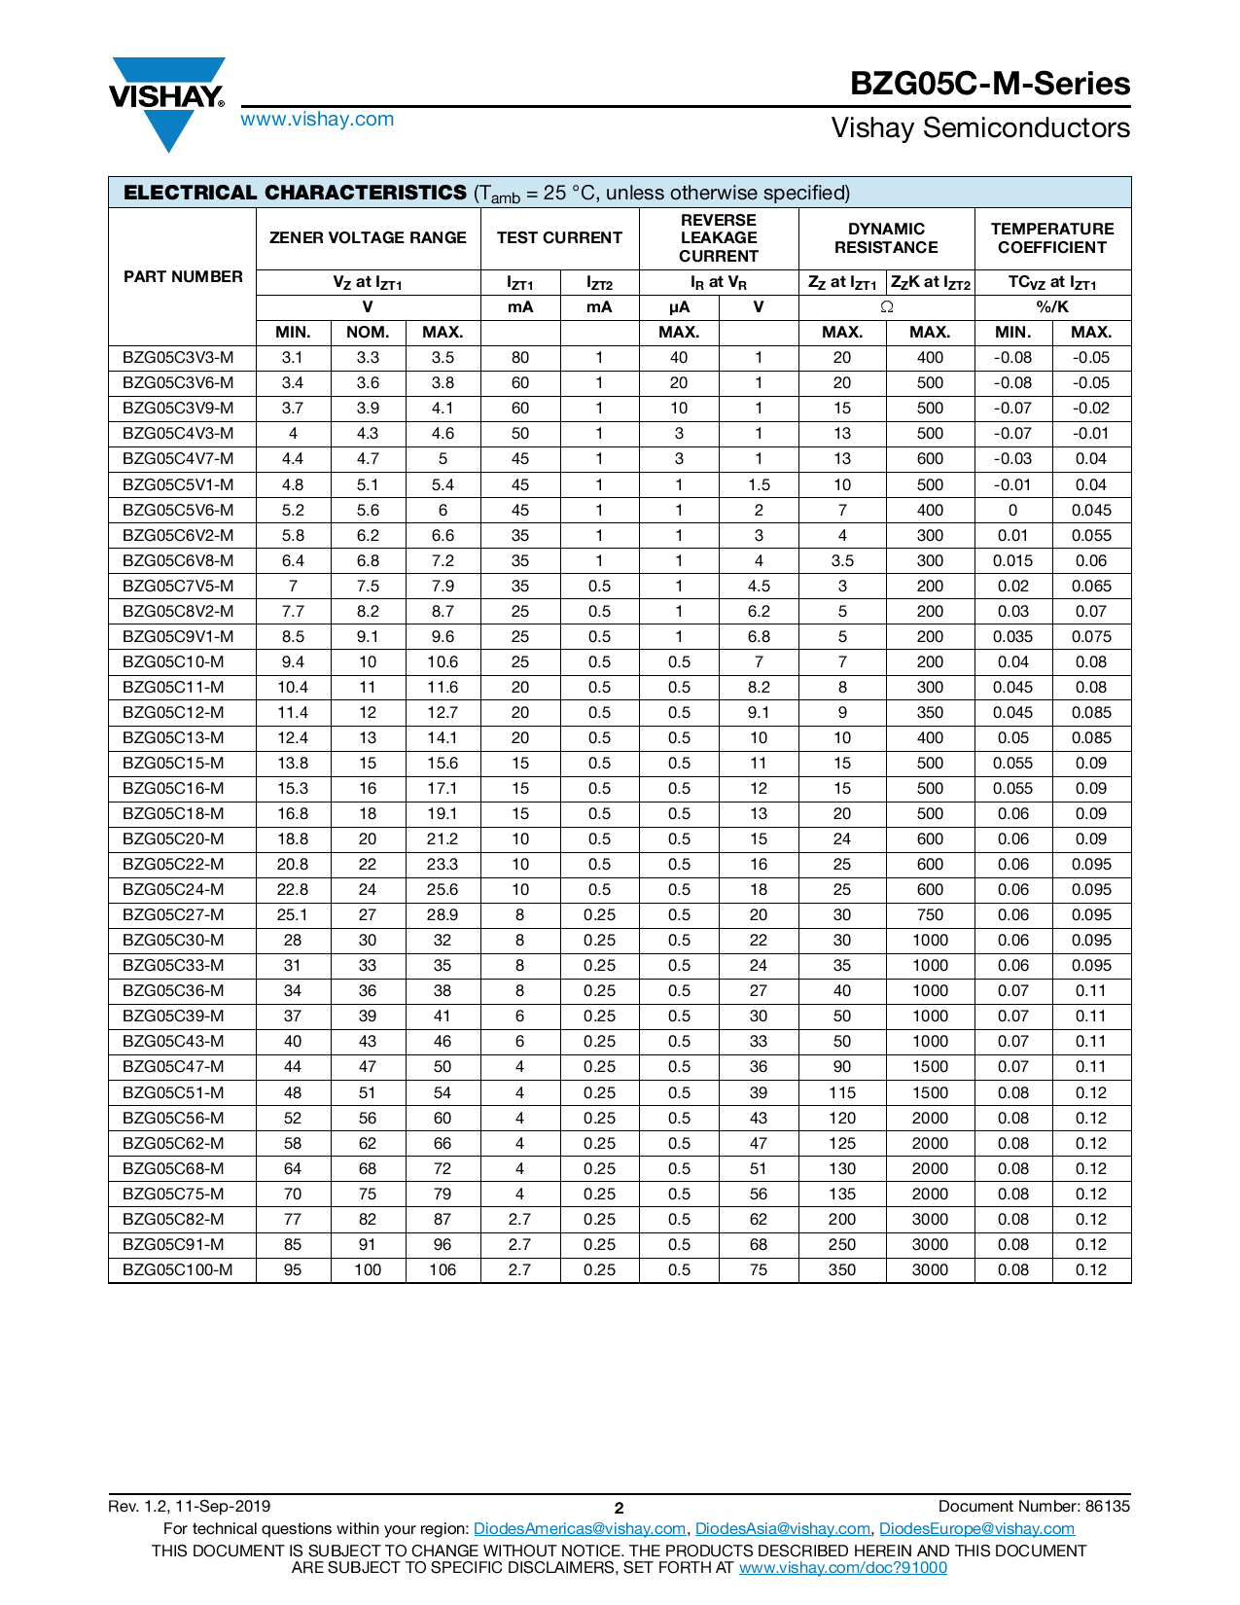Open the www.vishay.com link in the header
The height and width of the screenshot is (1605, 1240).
(x=317, y=120)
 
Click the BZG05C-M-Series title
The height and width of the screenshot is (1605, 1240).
(x=989, y=84)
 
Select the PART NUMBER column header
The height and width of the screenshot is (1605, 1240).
(x=183, y=277)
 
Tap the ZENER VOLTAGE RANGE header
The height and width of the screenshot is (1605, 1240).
(x=368, y=238)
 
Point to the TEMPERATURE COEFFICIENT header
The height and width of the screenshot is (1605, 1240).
(x=1051, y=238)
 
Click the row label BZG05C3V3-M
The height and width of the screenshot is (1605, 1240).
(x=178, y=358)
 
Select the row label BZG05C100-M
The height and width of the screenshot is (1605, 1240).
(x=178, y=1270)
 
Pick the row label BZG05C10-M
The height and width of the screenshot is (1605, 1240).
(x=173, y=662)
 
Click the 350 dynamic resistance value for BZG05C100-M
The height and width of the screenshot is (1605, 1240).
(x=842, y=1270)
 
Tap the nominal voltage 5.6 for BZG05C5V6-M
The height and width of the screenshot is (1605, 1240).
(x=368, y=511)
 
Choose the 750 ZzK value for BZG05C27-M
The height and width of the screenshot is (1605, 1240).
(x=930, y=915)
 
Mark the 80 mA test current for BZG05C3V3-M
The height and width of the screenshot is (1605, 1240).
(x=520, y=358)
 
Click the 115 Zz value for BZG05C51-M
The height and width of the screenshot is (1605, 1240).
(x=842, y=1093)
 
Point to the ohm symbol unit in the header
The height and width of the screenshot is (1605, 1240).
(x=886, y=307)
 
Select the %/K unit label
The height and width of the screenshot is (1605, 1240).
(x=1051, y=307)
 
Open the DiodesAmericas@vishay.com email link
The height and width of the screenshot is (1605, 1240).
(x=580, y=1529)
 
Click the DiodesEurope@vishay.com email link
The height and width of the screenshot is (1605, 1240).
(x=976, y=1529)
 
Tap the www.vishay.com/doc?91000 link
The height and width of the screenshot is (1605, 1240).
(x=842, y=1567)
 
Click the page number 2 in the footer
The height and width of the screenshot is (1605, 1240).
(x=619, y=1508)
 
